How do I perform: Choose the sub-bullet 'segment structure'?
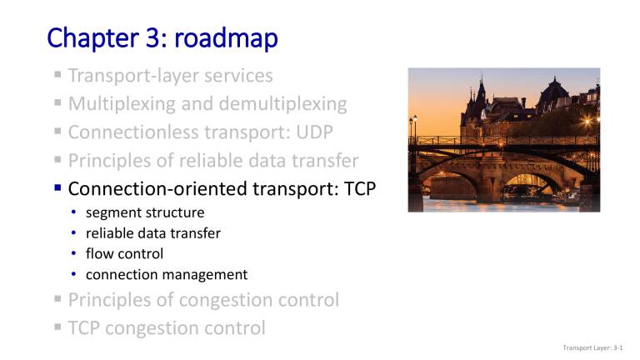pos(145,212)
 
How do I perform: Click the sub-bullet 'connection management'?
pos(167,274)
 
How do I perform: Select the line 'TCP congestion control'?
pos(167,327)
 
